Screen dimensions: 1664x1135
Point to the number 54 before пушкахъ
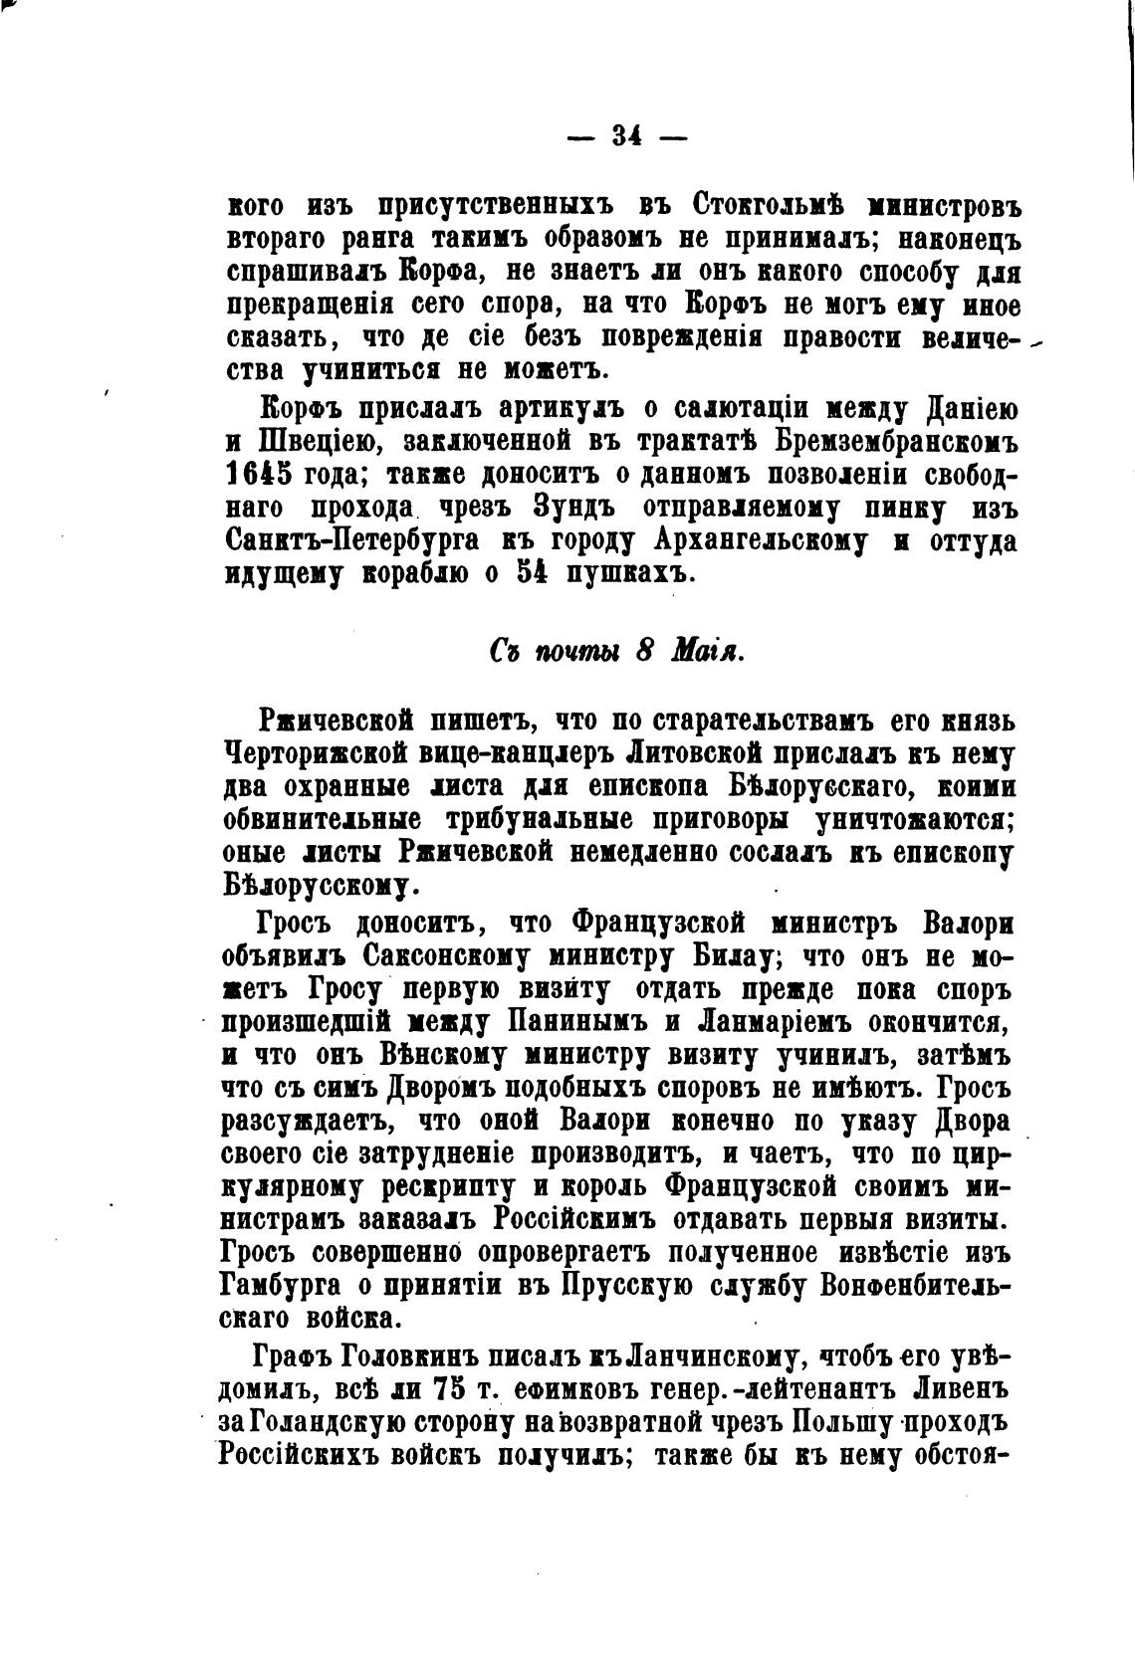(x=532, y=574)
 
